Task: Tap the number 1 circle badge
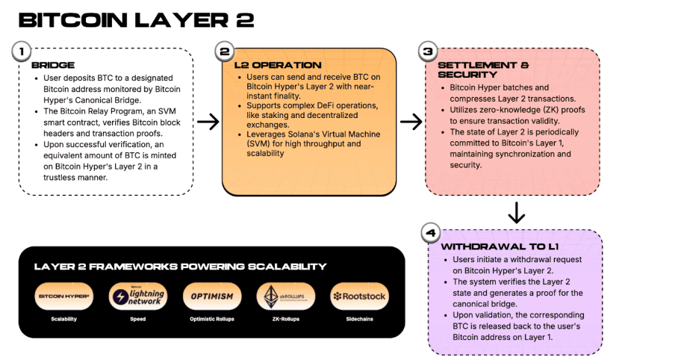22,52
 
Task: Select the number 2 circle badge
223,52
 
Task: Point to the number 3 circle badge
427,52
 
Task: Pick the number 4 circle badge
429,233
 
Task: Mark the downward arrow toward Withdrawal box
515,214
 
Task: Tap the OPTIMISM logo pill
211,297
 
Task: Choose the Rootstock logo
359,297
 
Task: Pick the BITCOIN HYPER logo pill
64,297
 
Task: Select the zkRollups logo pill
285,297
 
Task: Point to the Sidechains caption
359,319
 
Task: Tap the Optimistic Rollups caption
211,319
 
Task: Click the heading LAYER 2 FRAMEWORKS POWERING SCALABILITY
180,267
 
